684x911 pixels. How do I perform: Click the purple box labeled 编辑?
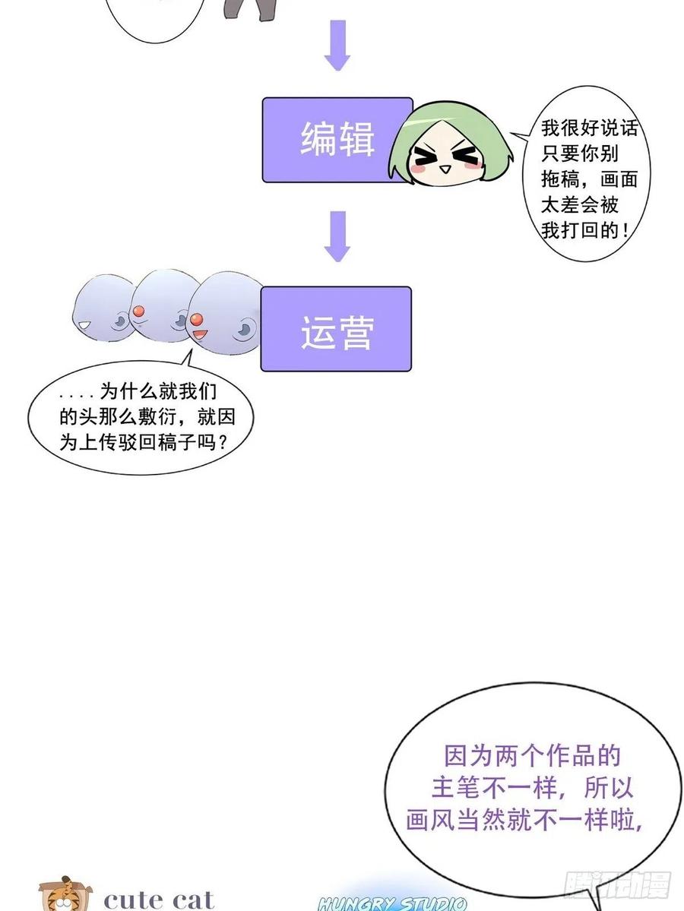click(x=337, y=140)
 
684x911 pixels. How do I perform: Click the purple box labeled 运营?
click(x=336, y=329)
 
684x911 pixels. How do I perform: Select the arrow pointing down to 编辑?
click(x=337, y=46)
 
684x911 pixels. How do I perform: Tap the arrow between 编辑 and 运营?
click(x=337, y=236)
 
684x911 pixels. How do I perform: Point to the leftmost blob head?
click(x=105, y=308)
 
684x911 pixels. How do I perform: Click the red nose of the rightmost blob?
click(x=196, y=320)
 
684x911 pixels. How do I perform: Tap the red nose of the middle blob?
click(x=138, y=312)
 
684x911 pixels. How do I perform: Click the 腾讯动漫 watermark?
click(x=617, y=884)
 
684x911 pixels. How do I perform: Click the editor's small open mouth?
click(x=445, y=169)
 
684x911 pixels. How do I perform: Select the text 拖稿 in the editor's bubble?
click(x=559, y=179)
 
